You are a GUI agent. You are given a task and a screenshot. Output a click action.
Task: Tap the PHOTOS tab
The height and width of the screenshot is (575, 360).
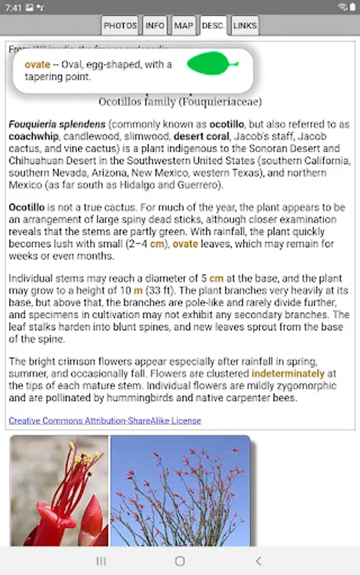pos(120,26)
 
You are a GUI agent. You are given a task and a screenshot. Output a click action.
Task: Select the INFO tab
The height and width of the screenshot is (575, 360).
pos(155,26)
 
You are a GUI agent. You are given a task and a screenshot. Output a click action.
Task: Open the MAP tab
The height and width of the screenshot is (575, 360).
pos(184,26)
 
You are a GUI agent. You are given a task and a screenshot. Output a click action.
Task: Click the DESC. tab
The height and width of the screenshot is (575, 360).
pos(213,26)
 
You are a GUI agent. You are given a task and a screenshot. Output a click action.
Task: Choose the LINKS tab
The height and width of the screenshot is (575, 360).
pos(245,26)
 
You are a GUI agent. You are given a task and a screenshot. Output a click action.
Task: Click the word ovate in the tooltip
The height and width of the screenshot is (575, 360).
pos(37,65)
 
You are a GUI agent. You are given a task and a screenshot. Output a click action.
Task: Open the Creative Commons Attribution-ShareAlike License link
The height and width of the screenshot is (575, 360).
pos(105,420)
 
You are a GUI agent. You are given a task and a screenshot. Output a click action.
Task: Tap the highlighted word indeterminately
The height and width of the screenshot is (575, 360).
pos(288,373)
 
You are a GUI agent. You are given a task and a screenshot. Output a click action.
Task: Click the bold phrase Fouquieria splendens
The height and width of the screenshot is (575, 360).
pos(57,124)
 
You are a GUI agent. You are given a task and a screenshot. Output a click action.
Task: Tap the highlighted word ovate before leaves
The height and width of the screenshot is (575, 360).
pos(185,244)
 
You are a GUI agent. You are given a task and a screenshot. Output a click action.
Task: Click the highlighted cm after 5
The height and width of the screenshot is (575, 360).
pos(217,279)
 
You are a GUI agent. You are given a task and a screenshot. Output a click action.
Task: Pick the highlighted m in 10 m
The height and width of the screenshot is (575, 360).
pos(138,290)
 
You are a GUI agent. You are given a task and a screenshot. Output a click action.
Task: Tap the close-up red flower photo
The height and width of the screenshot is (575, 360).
pos(59,491)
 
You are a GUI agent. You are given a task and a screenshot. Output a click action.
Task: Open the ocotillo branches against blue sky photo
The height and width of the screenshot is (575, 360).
pos(180,491)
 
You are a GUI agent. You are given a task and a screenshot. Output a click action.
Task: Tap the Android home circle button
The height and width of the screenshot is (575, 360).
pos(180,561)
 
